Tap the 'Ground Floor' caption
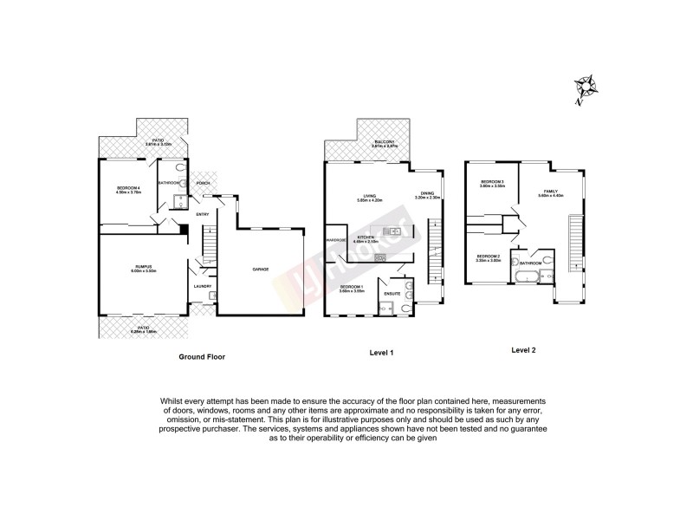(201, 356)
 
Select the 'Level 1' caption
(381, 352)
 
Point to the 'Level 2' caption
(524, 349)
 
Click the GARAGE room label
(260, 270)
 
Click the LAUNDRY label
(203, 286)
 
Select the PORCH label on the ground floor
(204, 184)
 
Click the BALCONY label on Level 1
(384, 141)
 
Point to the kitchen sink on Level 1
(394, 231)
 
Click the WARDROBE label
(336, 239)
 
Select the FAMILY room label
(551, 191)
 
